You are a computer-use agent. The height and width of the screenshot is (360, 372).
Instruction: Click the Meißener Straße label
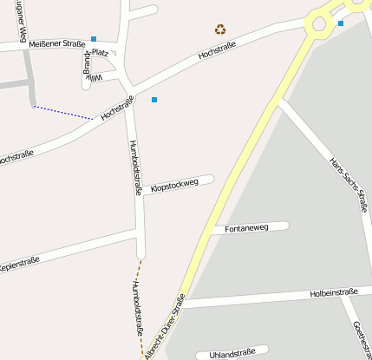click(56, 43)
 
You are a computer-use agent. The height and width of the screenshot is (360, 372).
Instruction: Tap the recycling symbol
click(220, 29)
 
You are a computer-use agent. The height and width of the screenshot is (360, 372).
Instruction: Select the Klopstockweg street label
click(175, 185)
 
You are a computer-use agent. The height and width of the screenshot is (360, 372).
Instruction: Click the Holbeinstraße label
click(334, 293)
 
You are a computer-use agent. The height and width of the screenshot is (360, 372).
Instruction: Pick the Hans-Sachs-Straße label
click(349, 184)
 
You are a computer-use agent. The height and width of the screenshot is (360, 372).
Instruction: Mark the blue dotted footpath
click(62, 112)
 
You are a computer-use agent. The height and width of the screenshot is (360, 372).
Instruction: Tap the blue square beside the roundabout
click(341, 23)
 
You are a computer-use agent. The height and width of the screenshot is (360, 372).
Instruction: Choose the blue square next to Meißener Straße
click(94, 39)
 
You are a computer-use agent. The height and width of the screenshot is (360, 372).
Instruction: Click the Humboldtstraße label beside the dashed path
click(137, 308)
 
